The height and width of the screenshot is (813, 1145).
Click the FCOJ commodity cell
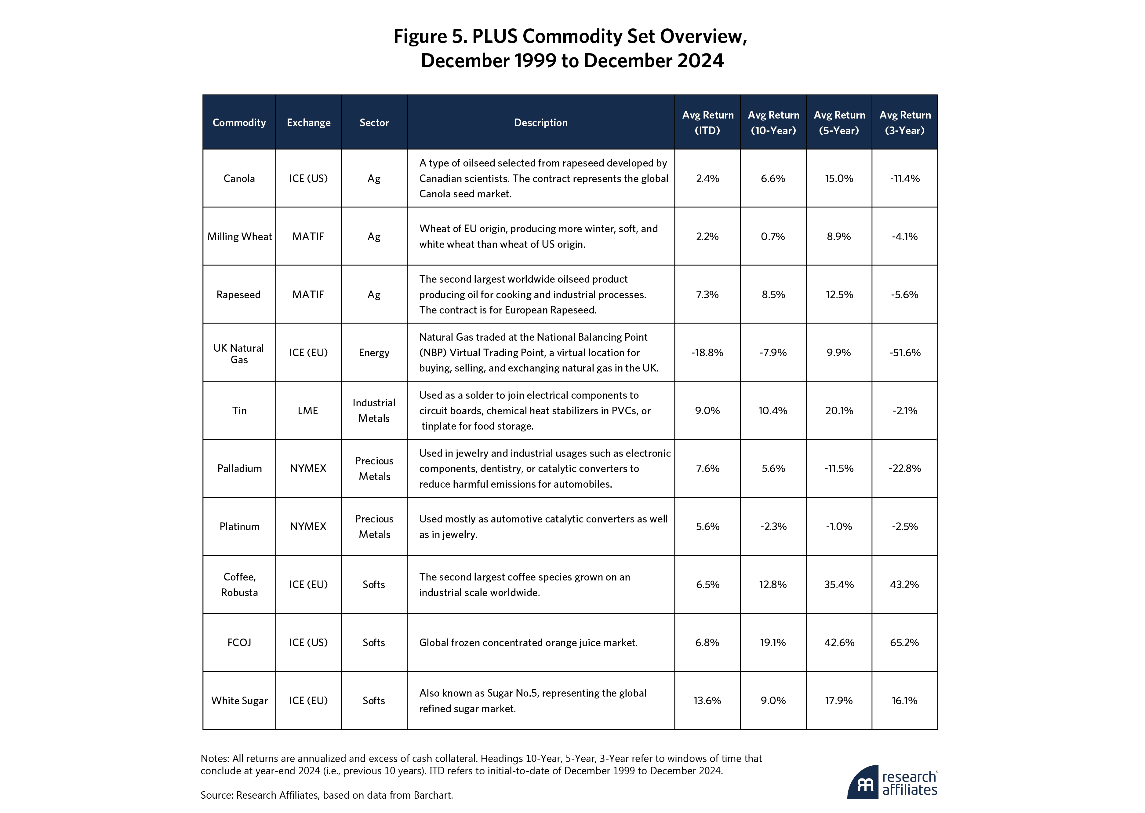tap(239, 642)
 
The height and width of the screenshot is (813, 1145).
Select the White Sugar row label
tap(239, 700)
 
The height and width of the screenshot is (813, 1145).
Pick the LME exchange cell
tap(308, 411)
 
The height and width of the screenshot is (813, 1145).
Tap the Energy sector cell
tap(374, 353)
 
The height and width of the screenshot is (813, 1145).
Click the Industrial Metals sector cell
tap(374, 411)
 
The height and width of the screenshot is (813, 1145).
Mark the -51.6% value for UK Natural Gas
tap(904, 353)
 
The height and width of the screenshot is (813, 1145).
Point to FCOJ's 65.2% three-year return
tap(904, 642)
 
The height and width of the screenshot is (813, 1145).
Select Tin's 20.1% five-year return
tap(839, 411)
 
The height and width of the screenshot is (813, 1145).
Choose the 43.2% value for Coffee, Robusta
tap(904, 584)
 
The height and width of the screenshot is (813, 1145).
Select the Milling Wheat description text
tap(538, 236)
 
